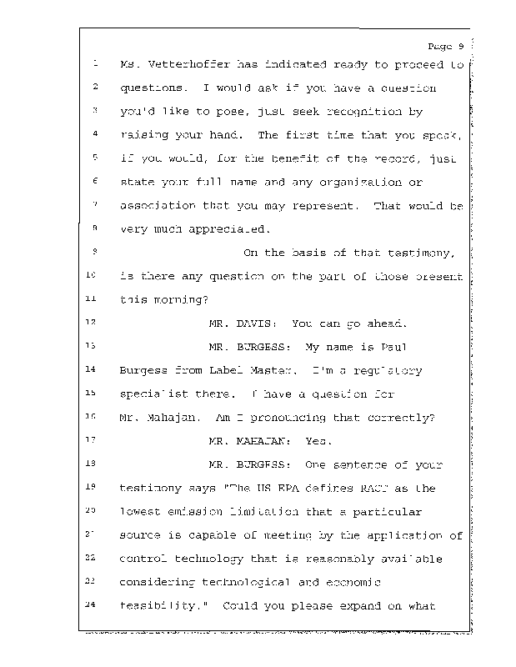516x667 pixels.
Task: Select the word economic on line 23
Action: click(x=351, y=582)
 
